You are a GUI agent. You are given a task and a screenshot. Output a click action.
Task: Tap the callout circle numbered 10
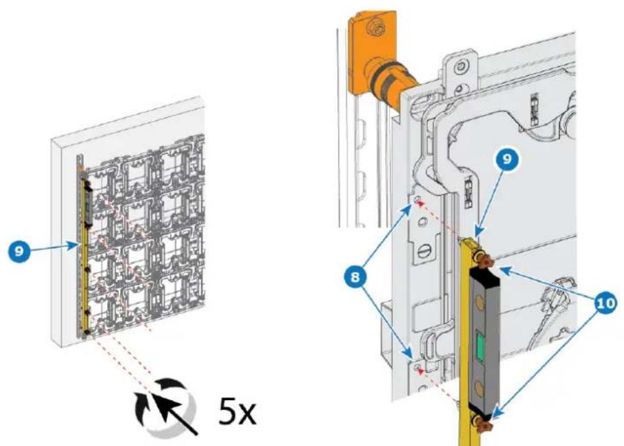point(605,304)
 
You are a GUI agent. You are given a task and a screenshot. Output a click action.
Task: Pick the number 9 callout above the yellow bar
point(507,159)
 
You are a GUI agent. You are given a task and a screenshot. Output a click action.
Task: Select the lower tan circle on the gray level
point(480,386)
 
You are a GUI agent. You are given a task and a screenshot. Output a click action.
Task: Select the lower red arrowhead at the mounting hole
point(419,370)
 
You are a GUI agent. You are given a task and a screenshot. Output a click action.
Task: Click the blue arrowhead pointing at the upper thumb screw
point(502,271)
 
